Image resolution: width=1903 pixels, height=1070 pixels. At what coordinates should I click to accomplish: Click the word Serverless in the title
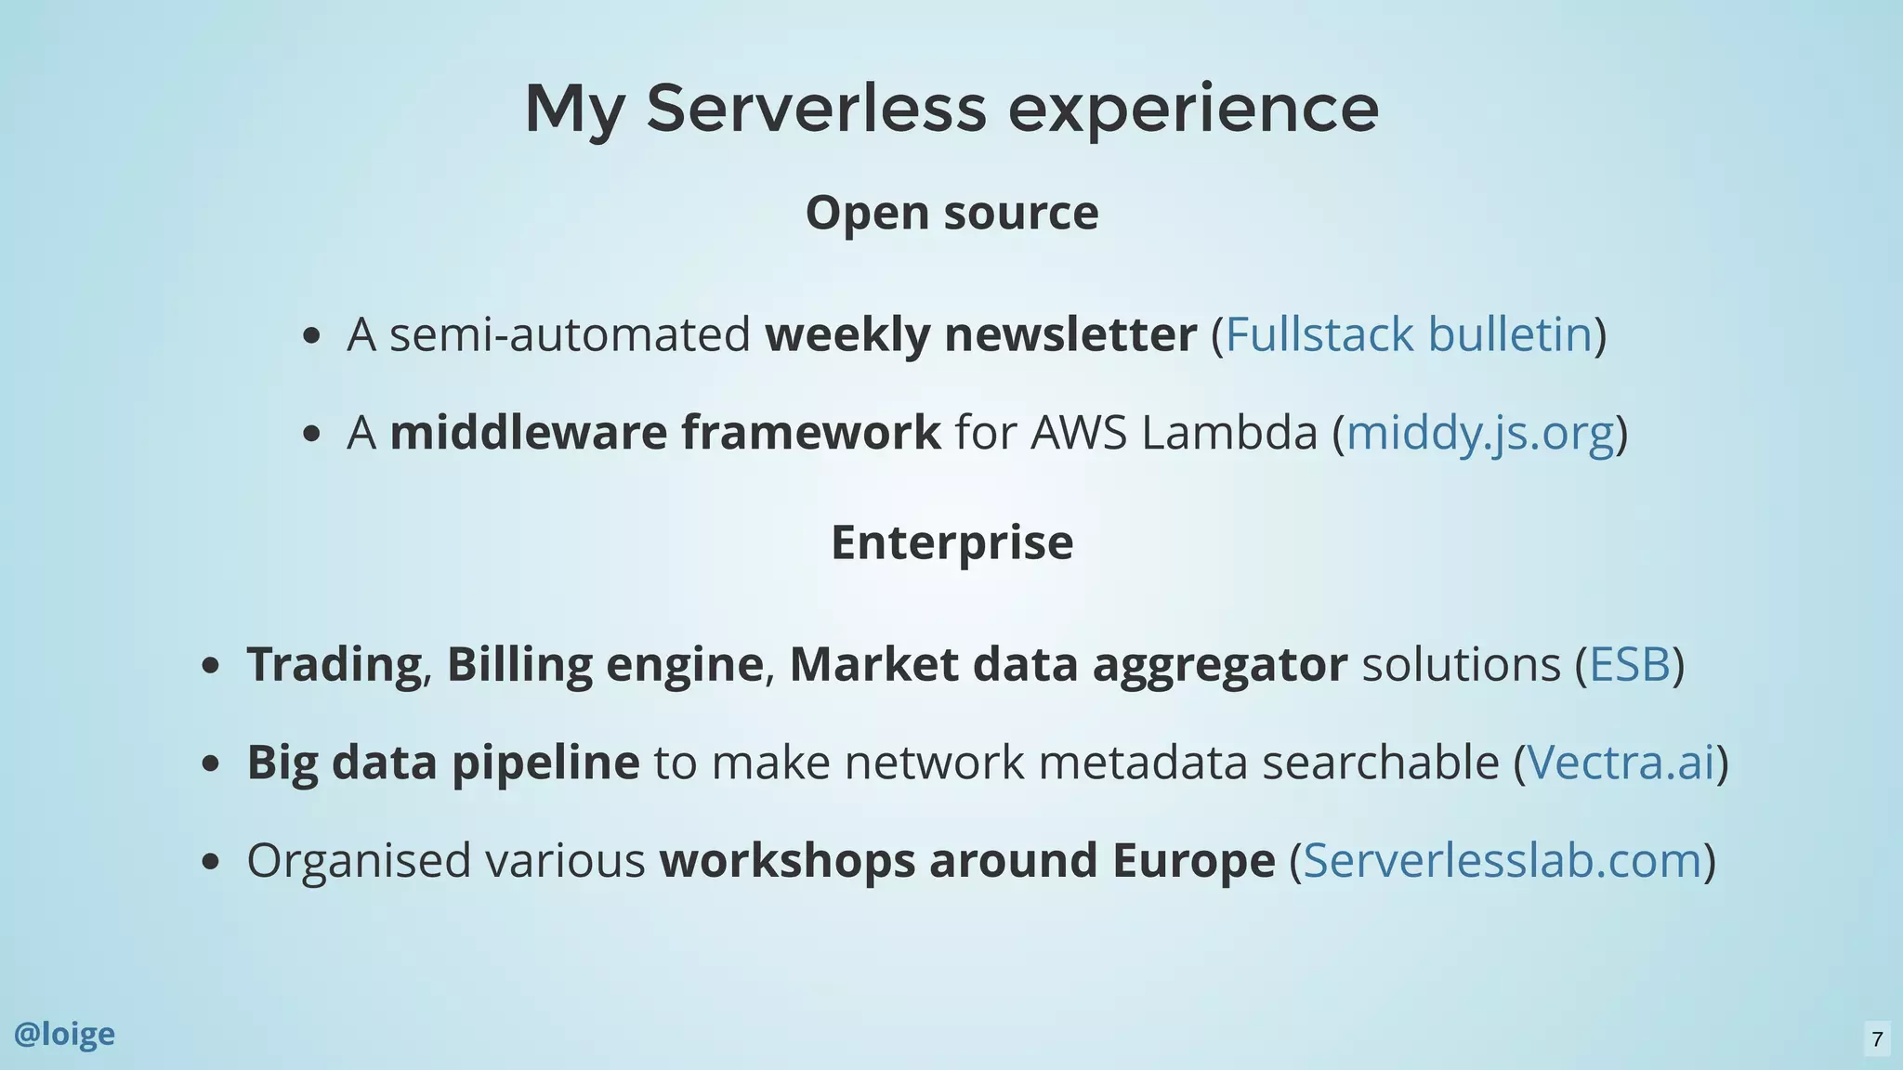[815, 109]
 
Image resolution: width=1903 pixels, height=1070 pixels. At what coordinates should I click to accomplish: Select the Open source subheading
[951, 213]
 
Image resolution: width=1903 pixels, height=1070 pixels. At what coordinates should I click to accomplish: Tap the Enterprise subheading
[951, 542]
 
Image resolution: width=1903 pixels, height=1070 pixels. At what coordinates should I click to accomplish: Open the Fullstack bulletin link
[1409, 334]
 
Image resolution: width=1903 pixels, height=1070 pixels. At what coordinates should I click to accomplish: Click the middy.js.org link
[1479, 433]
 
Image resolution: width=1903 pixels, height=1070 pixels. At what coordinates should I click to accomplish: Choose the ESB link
[1630, 664]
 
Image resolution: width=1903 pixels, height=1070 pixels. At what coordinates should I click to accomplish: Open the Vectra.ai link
[1621, 763]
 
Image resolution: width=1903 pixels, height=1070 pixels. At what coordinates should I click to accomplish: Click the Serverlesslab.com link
[1502, 860]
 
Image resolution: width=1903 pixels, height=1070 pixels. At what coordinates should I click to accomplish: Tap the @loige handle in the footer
[64, 1034]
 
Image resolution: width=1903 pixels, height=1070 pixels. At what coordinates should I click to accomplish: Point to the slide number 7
[1877, 1038]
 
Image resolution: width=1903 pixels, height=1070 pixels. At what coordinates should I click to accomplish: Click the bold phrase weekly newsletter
[980, 334]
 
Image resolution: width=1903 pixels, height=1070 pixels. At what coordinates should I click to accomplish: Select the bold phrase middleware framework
[664, 433]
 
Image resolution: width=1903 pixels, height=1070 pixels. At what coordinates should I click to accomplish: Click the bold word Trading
[334, 665]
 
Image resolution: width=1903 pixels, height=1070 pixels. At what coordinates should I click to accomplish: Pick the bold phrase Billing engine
[605, 665]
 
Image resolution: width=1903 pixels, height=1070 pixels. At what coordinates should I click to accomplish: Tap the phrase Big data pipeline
[442, 763]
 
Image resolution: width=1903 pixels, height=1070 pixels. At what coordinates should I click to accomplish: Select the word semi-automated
[569, 334]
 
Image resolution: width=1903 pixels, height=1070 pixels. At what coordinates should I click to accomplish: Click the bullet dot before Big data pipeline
[211, 763]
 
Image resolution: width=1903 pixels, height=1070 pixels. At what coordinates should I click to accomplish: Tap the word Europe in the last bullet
[1193, 860]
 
